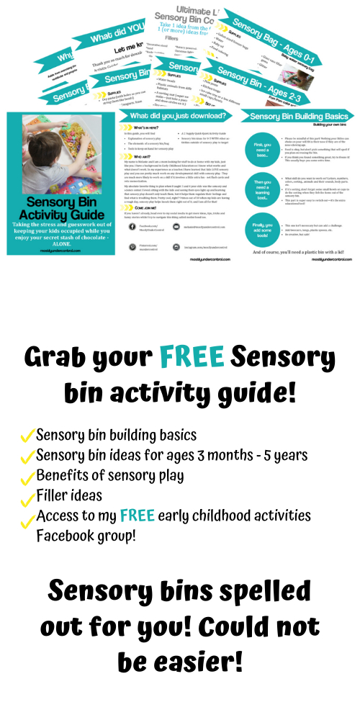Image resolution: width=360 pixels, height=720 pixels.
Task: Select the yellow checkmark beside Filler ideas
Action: [x=28, y=497]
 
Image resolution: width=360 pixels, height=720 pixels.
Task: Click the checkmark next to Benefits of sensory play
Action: [x=28, y=477]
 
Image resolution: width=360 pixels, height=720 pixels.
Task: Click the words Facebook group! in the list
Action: [x=86, y=536]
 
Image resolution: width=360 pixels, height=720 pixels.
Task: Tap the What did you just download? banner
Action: [x=182, y=116]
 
